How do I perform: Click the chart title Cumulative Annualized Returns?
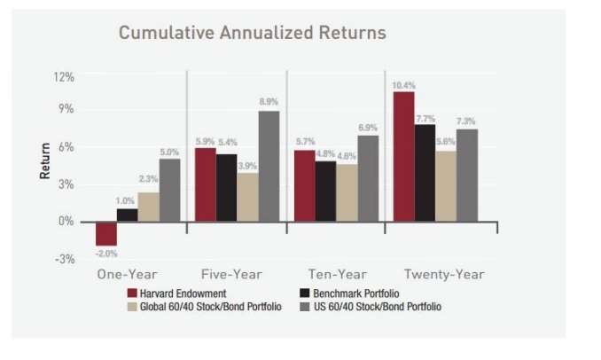click(252, 34)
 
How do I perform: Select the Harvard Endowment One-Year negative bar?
click(106, 232)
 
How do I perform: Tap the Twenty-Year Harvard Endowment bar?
click(403, 156)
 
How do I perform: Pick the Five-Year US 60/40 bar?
click(269, 166)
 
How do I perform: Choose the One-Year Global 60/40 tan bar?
click(148, 207)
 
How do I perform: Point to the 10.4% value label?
click(403, 85)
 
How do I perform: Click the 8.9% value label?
click(269, 103)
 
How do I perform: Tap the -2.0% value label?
click(106, 254)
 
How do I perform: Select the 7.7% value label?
click(425, 118)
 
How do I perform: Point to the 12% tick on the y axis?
click(63, 78)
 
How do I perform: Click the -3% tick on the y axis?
click(63, 259)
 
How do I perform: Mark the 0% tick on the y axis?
click(66, 221)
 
